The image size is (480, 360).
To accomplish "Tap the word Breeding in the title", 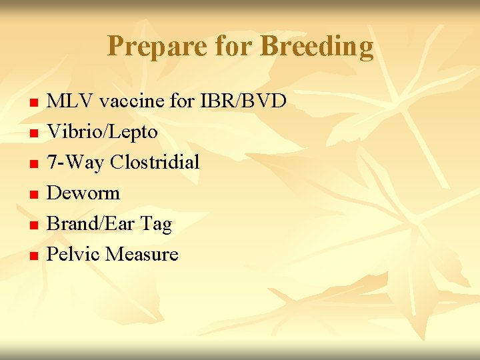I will [317, 47].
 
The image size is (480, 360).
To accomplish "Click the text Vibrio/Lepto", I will [103, 132].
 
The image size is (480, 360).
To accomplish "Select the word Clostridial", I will [155, 163].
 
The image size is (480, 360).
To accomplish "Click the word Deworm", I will [84, 193].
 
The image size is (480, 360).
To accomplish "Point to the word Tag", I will [157, 225].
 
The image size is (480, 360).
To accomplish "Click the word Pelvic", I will [73, 255].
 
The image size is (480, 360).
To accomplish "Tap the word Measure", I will [142, 255].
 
